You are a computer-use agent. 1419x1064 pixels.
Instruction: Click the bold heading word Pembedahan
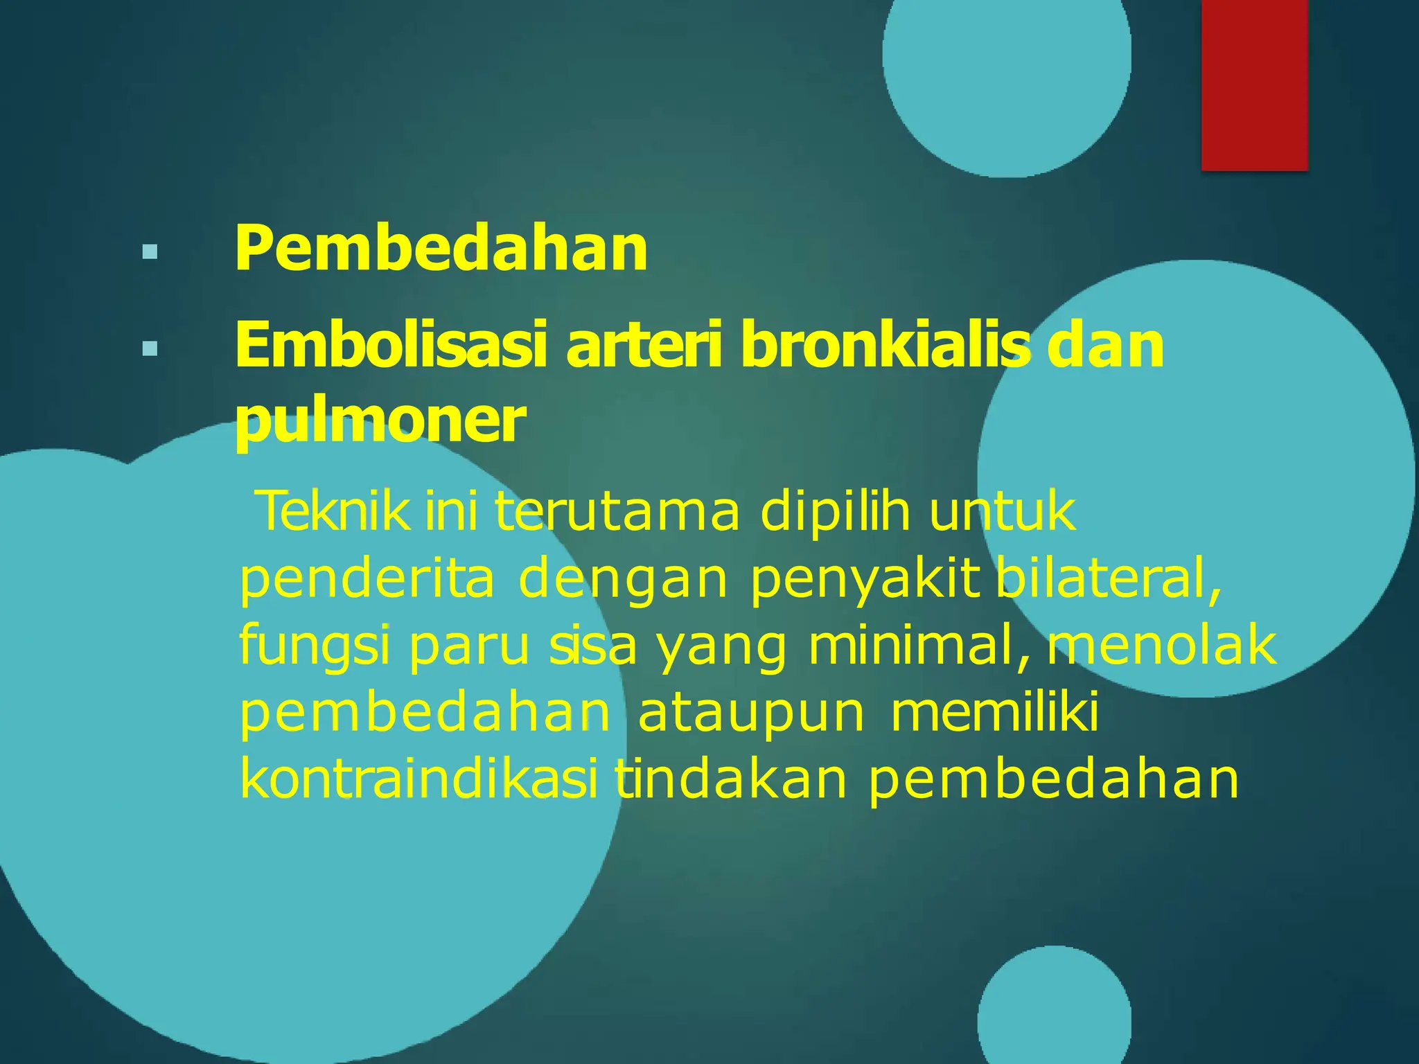point(441,249)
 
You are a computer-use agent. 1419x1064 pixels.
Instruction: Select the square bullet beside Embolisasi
point(149,348)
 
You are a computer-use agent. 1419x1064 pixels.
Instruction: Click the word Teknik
point(333,511)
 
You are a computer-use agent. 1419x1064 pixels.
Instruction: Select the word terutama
point(617,511)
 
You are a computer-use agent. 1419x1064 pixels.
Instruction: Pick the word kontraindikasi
point(418,779)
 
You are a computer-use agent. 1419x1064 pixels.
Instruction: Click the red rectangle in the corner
point(1254,85)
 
